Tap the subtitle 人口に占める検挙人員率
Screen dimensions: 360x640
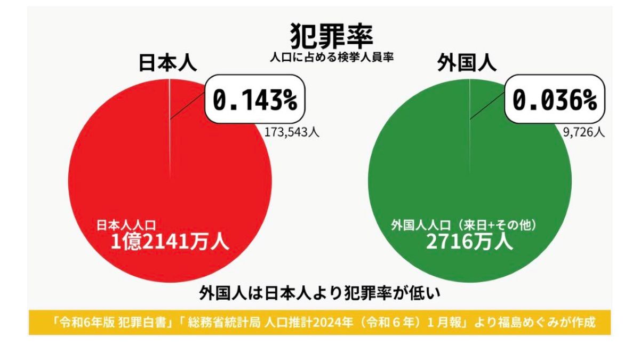pos(331,57)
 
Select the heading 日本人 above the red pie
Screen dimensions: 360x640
pos(168,62)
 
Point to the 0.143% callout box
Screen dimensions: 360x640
pos(255,100)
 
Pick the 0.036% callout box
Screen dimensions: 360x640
pos(555,100)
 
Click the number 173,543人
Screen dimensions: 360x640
pos(292,132)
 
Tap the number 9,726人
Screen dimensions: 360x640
pos(583,132)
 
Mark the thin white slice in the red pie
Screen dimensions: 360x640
pos(170,128)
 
